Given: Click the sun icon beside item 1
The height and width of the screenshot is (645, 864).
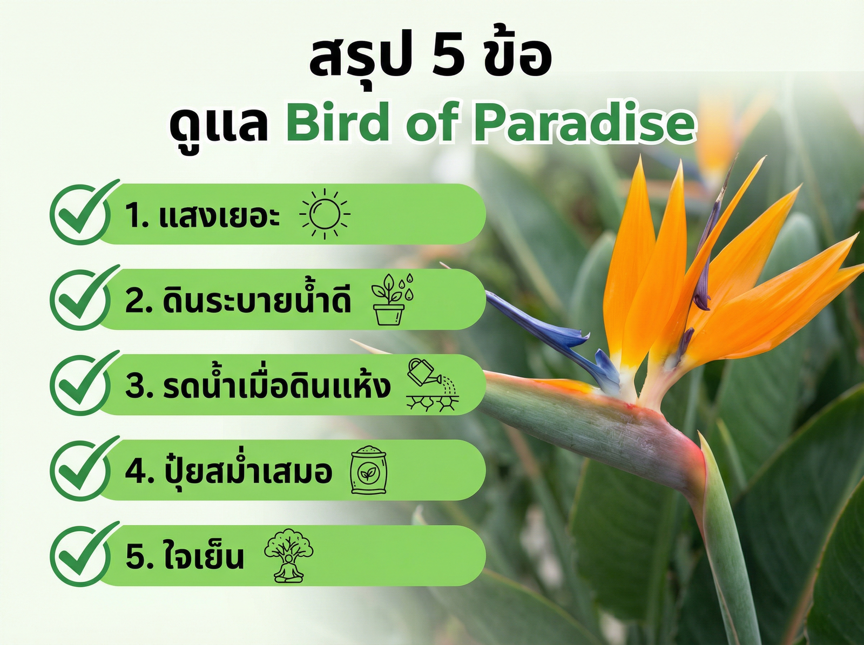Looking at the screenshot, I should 325,214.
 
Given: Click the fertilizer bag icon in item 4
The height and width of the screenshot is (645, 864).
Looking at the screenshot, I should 369,470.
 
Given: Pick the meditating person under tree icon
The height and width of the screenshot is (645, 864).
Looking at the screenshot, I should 288,555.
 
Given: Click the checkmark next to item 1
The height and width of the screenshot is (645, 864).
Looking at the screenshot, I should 81,213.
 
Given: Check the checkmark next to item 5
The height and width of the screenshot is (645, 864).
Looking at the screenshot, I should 81,555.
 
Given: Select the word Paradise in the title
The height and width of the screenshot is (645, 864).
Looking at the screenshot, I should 584,123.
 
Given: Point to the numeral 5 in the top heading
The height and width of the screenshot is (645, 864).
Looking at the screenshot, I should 448,57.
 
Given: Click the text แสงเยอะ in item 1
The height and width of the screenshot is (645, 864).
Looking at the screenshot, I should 219,215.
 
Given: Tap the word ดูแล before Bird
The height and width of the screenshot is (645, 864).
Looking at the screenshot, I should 219,125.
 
